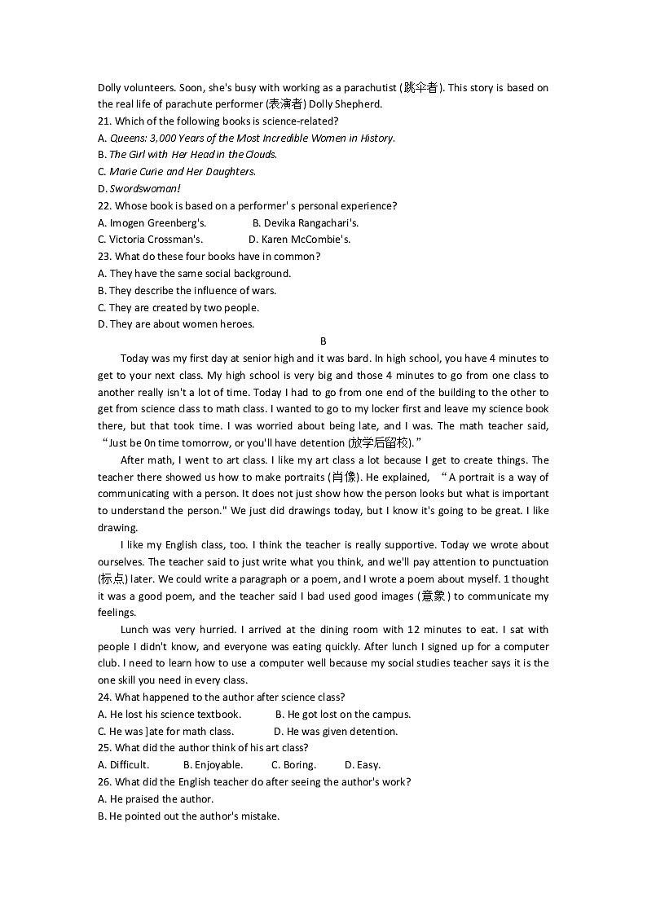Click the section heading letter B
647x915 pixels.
(x=323, y=341)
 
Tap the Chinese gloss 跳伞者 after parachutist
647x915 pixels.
(x=420, y=88)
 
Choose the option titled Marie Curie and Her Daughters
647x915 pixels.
(x=177, y=172)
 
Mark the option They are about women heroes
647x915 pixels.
(x=176, y=324)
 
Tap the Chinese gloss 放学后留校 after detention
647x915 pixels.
(x=381, y=443)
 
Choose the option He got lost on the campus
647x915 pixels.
(x=343, y=715)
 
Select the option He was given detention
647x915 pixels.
(x=336, y=732)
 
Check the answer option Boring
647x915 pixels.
(x=293, y=765)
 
